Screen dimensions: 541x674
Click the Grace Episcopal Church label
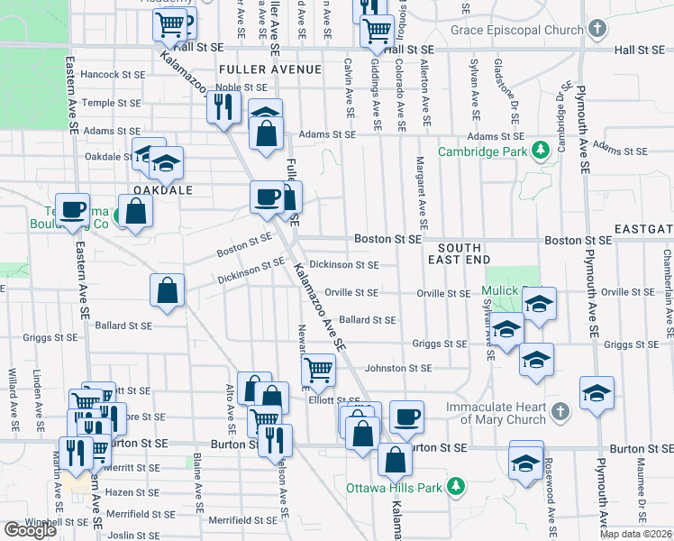point(505,31)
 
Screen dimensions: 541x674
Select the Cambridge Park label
point(481,151)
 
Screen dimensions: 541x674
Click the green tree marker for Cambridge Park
point(540,150)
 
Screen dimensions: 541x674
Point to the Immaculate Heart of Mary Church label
point(496,413)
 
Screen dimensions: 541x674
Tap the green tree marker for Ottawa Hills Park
point(457,487)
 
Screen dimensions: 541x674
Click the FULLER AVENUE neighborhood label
point(269,69)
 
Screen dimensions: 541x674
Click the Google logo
point(31,529)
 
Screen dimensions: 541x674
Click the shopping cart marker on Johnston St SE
point(317,369)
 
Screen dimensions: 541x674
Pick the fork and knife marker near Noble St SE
point(221,108)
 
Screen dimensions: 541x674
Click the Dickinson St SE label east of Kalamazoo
point(343,265)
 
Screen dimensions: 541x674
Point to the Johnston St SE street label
point(398,368)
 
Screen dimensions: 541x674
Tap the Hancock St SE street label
point(112,74)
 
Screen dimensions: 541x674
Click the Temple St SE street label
point(112,103)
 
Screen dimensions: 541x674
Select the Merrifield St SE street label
point(238,520)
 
